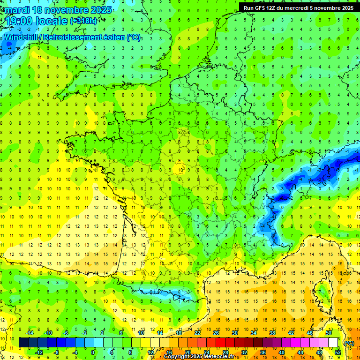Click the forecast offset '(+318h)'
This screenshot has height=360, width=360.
point(84,21)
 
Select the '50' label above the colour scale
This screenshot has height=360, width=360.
point(328,333)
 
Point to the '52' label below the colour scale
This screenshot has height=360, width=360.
point(337,352)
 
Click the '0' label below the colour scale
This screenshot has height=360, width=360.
point(93,352)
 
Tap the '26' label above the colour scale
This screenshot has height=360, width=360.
point(216,333)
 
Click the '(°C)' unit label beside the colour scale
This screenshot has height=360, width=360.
point(349,343)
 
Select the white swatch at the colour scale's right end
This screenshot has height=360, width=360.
point(333,343)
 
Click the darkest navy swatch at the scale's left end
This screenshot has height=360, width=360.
point(23,343)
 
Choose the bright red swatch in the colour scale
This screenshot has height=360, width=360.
point(221,343)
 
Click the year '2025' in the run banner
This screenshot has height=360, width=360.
point(346,7)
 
